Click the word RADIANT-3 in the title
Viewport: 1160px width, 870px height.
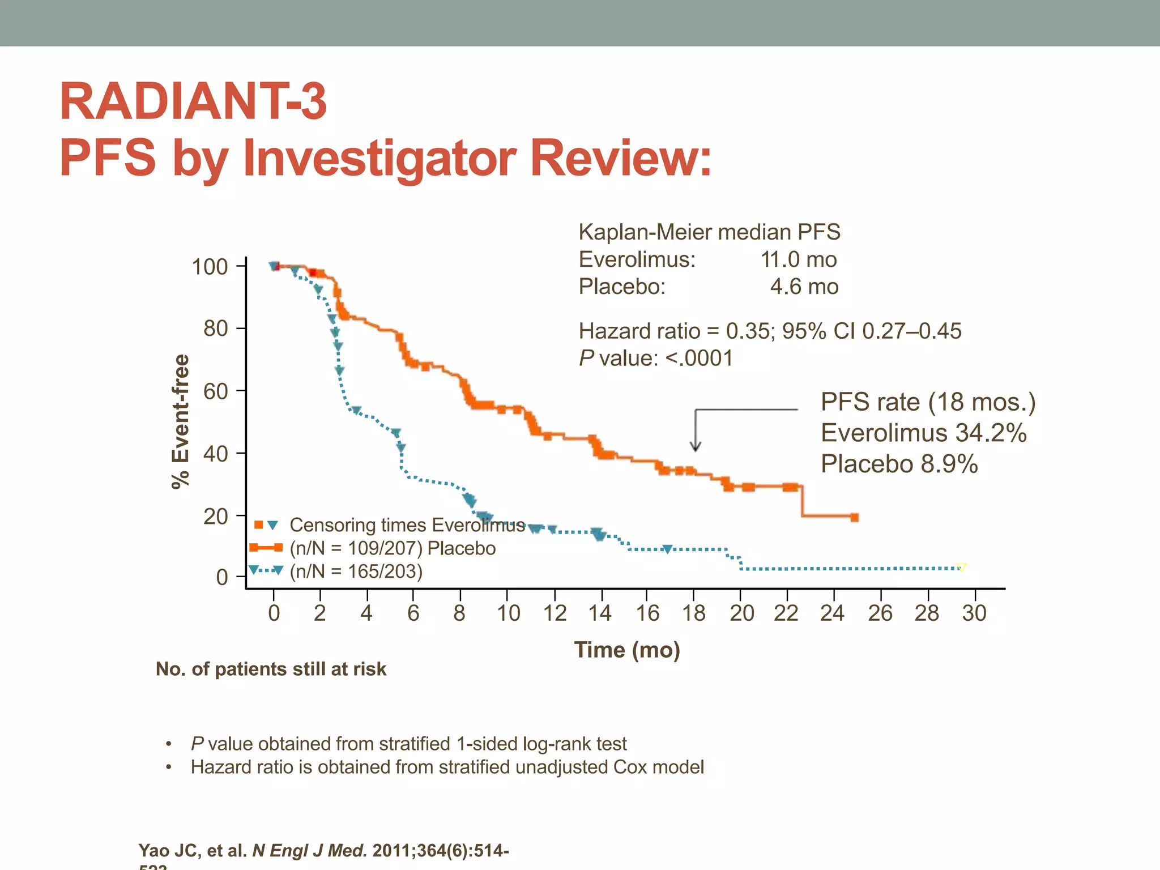tap(193, 102)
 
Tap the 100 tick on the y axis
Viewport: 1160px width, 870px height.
tap(210, 267)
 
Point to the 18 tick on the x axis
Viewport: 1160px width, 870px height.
tap(694, 613)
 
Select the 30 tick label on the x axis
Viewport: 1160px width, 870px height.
tap(974, 613)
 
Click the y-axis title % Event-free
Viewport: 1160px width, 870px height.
tap(181, 421)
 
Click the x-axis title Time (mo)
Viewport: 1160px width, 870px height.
tap(627, 650)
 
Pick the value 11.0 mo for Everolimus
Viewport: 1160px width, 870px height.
tap(798, 260)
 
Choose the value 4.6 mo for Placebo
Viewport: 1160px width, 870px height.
tap(804, 287)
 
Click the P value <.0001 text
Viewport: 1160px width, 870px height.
tap(656, 359)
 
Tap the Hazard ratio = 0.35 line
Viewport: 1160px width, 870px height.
tap(769, 331)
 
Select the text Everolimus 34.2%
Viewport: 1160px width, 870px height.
tap(923, 433)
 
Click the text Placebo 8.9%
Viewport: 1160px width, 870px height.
tap(899, 464)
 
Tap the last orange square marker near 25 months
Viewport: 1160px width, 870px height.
tap(855, 517)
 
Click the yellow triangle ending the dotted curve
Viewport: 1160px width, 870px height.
tap(961, 567)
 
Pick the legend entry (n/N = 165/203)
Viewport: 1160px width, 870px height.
tap(356, 572)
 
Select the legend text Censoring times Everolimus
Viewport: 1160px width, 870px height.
tap(407, 525)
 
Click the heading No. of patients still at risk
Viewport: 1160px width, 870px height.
tap(271, 669)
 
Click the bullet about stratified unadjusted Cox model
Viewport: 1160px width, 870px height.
tap(447, 767)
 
